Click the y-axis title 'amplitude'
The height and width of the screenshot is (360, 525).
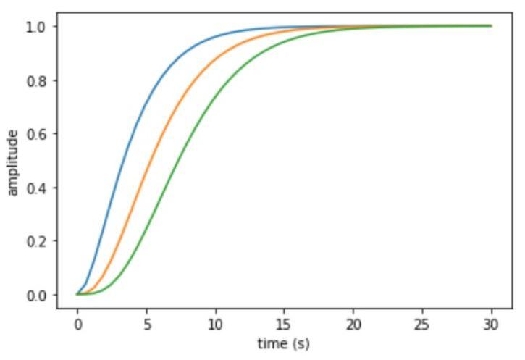click(14, 162)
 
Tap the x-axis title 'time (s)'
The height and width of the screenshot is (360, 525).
click(284, 343)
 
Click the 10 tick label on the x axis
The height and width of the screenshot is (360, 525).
click(215, 323)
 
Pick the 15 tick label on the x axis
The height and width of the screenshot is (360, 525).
click(284, 323)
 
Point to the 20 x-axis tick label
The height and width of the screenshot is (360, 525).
click(353, 323)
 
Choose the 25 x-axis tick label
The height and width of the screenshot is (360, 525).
click(422, 323)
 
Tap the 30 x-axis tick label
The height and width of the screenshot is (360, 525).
click(492, 323)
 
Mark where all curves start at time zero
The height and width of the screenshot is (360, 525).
click(77, 294)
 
